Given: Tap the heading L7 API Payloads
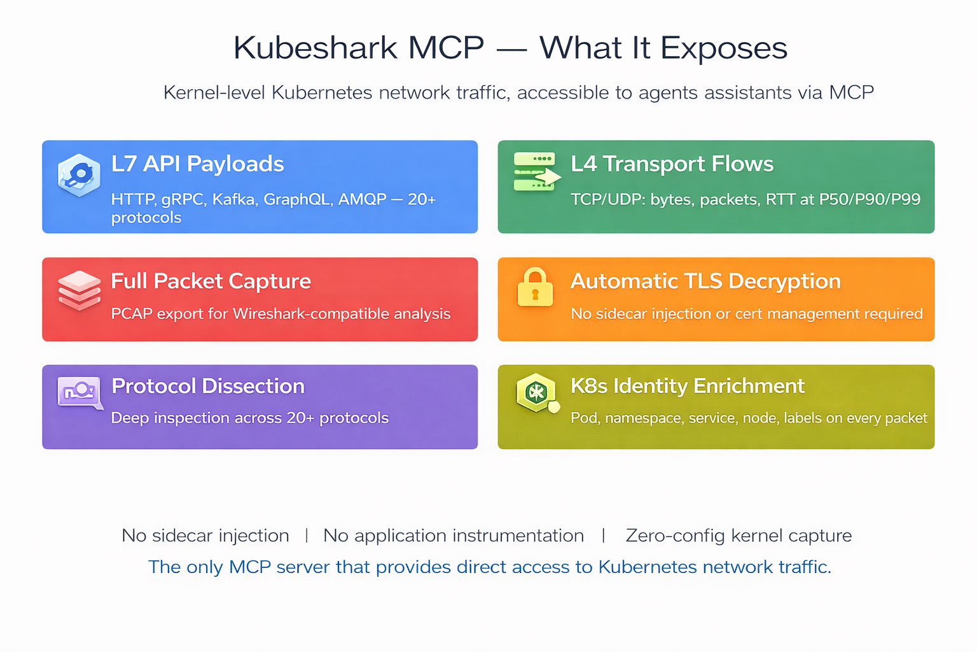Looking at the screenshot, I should [197, 164].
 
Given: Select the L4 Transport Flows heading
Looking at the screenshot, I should [672, 164].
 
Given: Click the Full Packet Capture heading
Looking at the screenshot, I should [211, 281].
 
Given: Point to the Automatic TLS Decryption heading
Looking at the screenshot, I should [705, 281].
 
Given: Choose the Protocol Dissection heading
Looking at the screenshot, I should [207, 386].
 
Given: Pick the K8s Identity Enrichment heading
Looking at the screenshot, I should [687, 386].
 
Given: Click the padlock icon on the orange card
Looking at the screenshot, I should [535, 287].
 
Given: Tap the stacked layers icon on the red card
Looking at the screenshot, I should [80, 290].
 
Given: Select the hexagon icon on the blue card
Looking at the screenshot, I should [79, 174].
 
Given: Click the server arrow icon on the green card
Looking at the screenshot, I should [536, 172].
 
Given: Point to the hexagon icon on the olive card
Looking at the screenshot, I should [536, 392].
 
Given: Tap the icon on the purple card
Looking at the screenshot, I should [80, 392].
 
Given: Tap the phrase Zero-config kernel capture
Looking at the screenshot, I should [738, 535].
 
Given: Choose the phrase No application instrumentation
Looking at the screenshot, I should [454, 535].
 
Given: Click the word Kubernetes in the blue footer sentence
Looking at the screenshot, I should [648, 567].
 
